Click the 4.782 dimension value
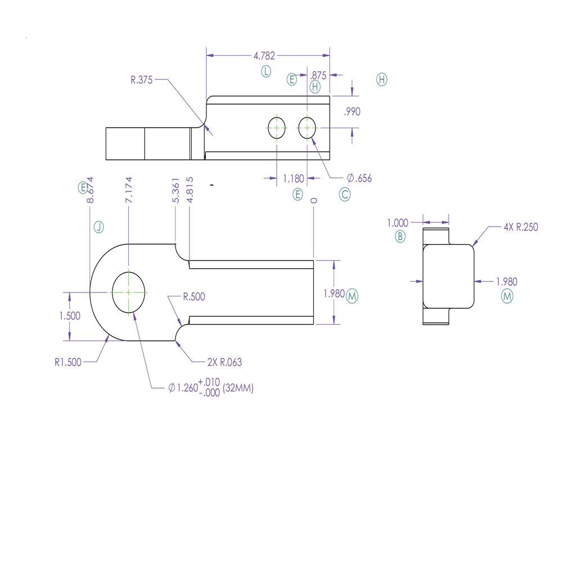pos(264,56)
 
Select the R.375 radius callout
pos(141,80)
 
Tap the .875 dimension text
pos(318,75)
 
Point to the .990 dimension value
pos(352,111)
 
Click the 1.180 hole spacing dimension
pos(293,178)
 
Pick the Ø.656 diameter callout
pos(359,178)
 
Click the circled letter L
pos(266,71)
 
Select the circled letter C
pos(345,195)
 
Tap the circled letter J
pos(99,227)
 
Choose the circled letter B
pos(400,236)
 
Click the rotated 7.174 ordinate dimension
pos(129,190)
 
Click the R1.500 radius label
pos(67,362)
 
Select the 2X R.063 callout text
pos(224,362)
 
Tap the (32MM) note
pos(238,388)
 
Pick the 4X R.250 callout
pos(521,227)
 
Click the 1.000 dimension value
pos(398,223)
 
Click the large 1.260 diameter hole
pos(128,292)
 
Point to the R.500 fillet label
pos(194,296)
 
